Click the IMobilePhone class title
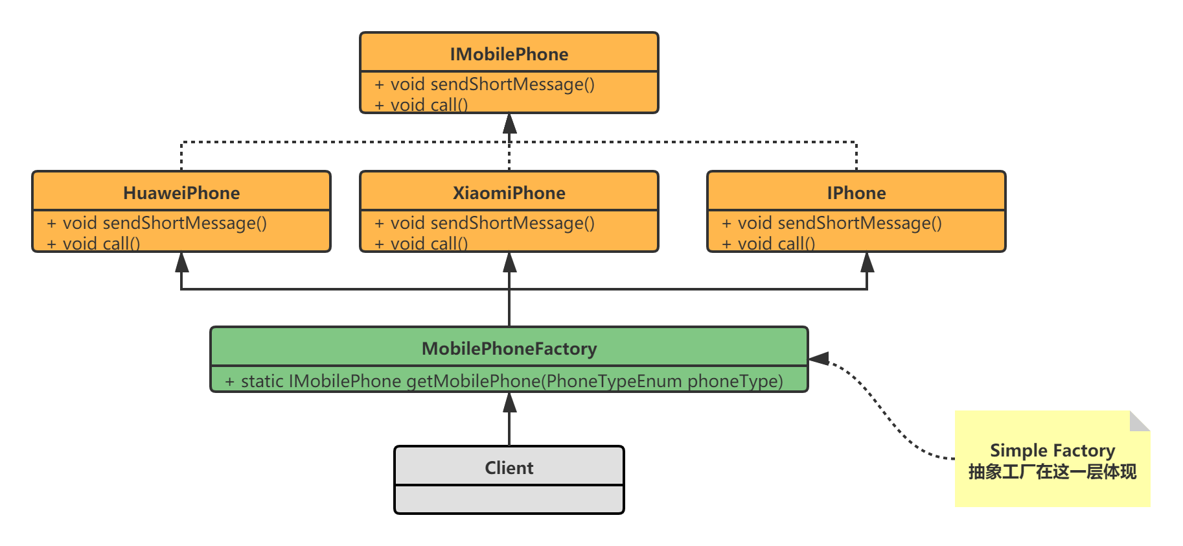(x=509, y=54)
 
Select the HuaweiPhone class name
(x=181, y=193)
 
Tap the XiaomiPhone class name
(x=509, y=193)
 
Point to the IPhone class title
(x=856, y=193)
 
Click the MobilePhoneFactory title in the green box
(x=509, y=349)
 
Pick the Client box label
(x=509, y=468)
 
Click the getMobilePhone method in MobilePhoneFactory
(x=503, y=381)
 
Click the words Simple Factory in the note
(x=1052, y=451)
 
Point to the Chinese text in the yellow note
(x=1052, y=472)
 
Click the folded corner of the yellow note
(x=1139, y=421)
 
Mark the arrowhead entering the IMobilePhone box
(x=510, y=123)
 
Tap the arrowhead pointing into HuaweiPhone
(x=182, y=262)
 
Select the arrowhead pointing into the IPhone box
(x=867, y=262)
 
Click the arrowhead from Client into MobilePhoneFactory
(x=510, y=403)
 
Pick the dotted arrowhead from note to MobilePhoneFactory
(x=818, y=359)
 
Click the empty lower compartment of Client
(x=509, y=499)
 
